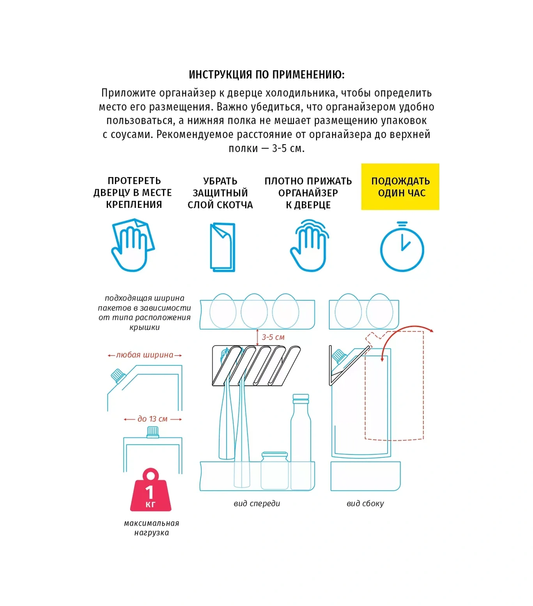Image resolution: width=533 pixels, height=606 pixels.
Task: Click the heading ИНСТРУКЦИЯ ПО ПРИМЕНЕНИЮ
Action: click(267, 74)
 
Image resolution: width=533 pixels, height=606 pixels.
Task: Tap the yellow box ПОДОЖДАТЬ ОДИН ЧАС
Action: click(400, 187)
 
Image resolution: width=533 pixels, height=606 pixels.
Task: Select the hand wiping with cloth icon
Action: click(133, 245)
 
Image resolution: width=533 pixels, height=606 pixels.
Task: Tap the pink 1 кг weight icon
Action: click(151, 490)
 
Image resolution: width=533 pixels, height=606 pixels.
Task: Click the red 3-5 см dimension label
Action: click(273, 337)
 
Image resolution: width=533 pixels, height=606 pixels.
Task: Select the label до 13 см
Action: click(152, 419)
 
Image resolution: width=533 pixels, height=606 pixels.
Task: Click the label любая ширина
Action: click(145, 355)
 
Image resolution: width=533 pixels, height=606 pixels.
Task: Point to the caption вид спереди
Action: click(257, 503)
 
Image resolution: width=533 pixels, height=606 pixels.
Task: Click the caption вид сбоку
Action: click(365, 503)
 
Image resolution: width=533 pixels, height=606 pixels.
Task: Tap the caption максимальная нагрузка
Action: click(152, 528)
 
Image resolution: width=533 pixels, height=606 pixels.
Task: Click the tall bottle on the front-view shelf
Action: click(301, 441)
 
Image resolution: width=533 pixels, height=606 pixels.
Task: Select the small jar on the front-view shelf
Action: click(275, 470)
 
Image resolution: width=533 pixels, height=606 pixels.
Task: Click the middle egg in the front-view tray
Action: click(254, 311)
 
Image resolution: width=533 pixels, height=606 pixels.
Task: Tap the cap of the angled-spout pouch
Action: click(118, 376)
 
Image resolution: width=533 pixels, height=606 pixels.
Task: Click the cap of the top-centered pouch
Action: click(152, 432)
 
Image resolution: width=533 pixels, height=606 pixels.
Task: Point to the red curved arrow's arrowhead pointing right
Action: click(431, 331)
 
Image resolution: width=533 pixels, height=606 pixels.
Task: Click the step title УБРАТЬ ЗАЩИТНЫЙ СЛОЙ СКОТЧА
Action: click(220, 193)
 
